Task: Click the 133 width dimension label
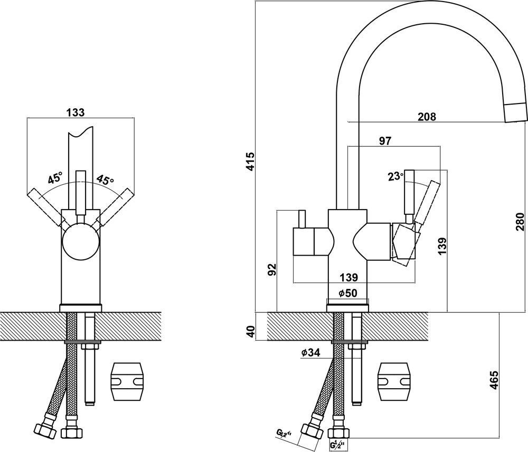point(76,112)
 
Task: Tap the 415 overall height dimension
point(250,162)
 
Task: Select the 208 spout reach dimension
point(427,117)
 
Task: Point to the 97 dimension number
point(385,141)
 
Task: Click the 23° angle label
point(395,176)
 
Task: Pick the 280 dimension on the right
point(520,221)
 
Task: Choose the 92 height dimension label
point(271,269)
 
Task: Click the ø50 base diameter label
point(348,293)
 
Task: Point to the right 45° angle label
point(106,180)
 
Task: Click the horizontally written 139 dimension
point(348,278)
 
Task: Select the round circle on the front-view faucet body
point(81,244)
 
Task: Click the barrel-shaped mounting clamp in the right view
point(394,382)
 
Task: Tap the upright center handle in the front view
point(81,193)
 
